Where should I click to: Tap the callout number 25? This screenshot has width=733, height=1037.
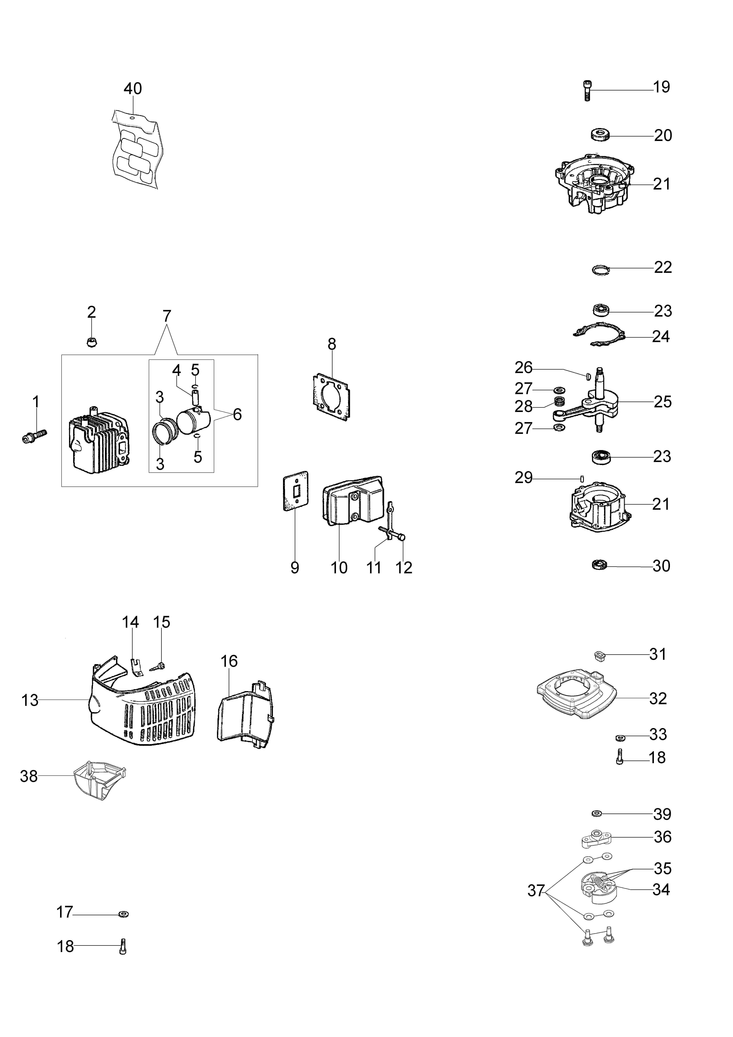point(662,402)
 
